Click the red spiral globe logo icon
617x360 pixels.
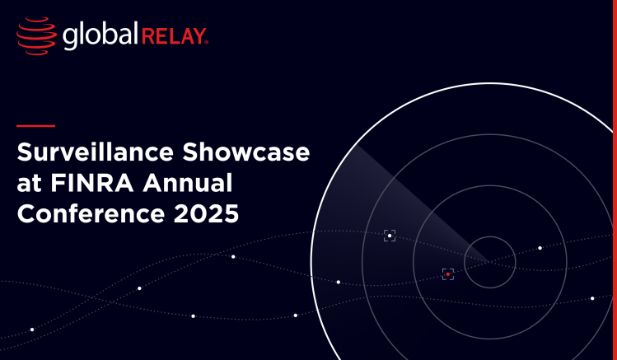[36, 35]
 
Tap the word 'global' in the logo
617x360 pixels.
[100, 35]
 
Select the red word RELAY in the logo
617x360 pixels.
[173, 36]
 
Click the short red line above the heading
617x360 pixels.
[35, 126]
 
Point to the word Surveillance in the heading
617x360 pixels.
[96, 152]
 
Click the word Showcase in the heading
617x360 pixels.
[246, 152]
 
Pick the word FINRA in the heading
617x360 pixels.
[92, 183]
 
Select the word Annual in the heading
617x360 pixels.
[187, 183]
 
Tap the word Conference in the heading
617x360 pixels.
[91, 213]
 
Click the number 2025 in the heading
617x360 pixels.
[206, 213]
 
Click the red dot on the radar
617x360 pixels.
[448, 274]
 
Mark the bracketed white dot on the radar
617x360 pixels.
[390, 236]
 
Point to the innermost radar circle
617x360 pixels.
[490, 236]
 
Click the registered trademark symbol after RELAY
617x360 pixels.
[207, 42]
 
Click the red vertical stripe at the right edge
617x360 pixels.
[615, 180]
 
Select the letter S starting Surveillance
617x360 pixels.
[25, 152]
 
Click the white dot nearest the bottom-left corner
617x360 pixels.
[32, 330]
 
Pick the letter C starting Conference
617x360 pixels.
[26, 213]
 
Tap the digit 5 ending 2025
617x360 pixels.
[231, 213]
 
